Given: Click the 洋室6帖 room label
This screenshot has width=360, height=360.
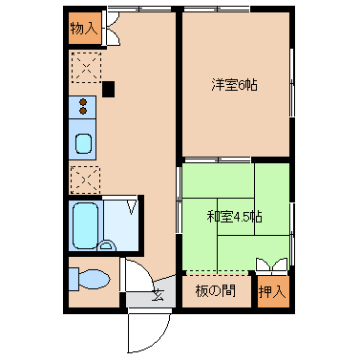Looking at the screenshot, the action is pyautogui.click(x=234, y=85).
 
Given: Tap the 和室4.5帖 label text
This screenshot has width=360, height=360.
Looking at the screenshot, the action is pyautogui.click(x=234, y=217).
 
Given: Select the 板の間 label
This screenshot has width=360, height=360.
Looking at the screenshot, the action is pyautogui.click(x=216, y=291).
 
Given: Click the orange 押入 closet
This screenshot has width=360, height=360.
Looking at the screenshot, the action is pyautogui.click(x=273, y=291).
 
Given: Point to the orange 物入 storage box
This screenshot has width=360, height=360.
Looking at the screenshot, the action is pyautogui.click(x=85, y=29).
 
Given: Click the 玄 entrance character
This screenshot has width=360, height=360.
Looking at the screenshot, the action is pyautogui.click(x=158, y=295).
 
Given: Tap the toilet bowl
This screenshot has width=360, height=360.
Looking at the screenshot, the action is pyautogui.click(x=94, y=280).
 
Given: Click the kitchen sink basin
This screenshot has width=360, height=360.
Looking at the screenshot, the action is pyautogui.click(x=83, y=143).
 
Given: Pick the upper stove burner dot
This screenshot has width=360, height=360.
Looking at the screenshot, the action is pyautogui.click(x=83, y=102).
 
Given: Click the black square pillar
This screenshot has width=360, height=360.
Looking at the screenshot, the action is pyautogui.click(x=108, y=89).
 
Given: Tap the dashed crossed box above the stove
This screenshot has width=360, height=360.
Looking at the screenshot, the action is pyautogui.click(x=86, y=68).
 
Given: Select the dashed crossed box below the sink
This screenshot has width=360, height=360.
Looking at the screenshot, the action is pyautogui.click(x=85, y=180).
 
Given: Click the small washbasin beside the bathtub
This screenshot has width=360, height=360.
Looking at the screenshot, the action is pyautogui.click(x=106, y=245).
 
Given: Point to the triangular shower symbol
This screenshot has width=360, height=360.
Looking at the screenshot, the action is pyautogui.click(x=132, y=206).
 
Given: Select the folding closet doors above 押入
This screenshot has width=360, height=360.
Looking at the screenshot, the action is pyautogui.click(x=272, y=265).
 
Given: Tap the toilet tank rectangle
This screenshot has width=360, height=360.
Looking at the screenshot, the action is pyautogui.click(x=74, y=279).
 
